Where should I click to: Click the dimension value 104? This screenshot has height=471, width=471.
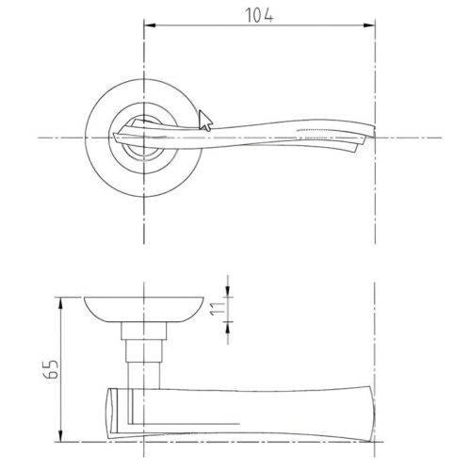259,16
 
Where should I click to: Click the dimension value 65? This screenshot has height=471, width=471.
50,369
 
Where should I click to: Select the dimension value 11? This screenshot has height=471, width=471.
218,309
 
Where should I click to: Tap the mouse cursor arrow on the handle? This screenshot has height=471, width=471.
205,121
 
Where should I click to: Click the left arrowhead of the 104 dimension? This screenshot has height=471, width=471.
150,25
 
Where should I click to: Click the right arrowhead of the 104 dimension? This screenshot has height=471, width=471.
369,25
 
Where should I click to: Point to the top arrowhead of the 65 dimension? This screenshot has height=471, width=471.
60,302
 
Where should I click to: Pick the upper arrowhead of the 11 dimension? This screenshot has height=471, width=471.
228,291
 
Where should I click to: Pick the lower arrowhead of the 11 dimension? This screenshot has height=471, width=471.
228,328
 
